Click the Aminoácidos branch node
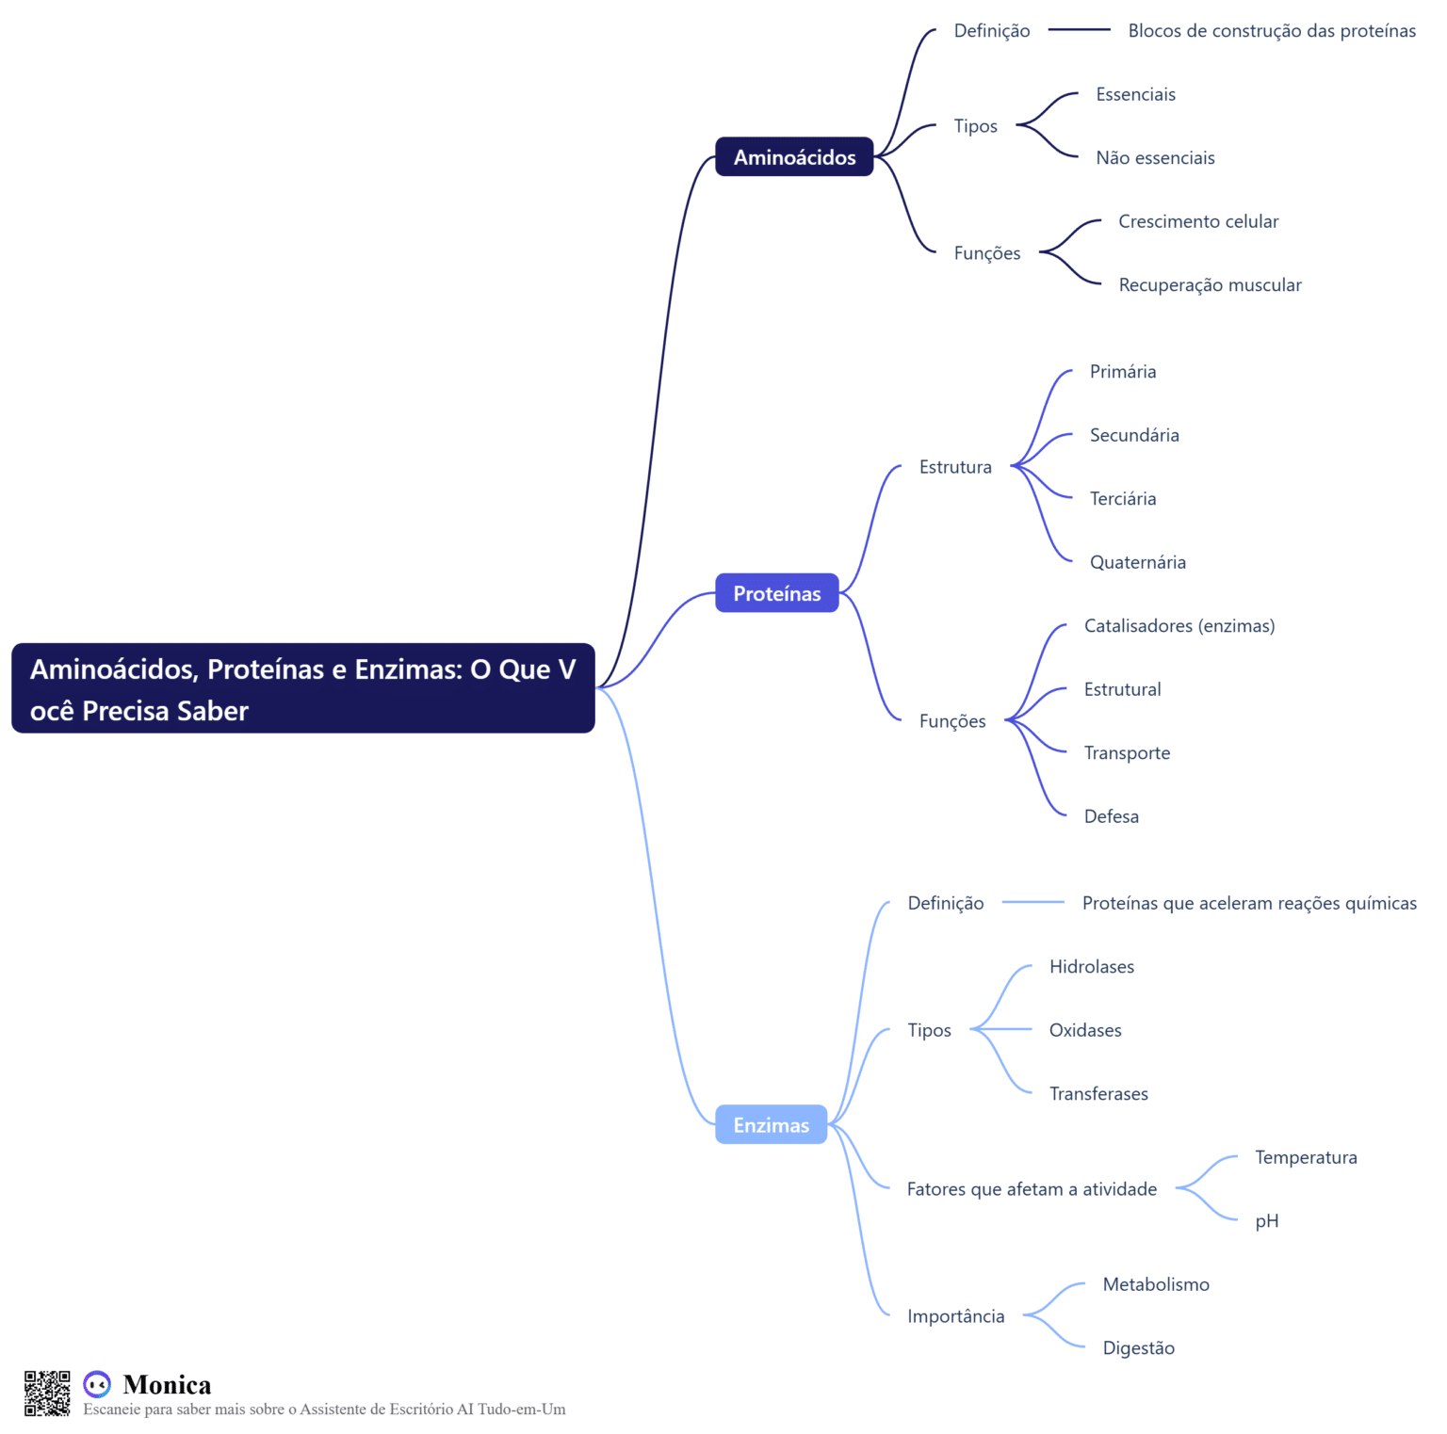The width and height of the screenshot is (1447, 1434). [794, 156]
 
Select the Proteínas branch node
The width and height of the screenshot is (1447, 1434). [776, 593]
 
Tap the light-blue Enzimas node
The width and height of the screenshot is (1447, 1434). [771, 1124]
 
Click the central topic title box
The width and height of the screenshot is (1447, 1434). [302, 688]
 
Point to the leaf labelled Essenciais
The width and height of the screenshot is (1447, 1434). [1135, 94]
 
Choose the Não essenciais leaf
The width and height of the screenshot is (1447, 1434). [1155, 158]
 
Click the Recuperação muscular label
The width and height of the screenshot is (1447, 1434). [1210, 285]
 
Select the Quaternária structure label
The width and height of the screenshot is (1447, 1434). [1137, 562]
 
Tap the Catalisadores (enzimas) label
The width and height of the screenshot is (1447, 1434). [1179, 626]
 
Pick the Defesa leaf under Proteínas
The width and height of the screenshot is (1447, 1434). [1111, 816]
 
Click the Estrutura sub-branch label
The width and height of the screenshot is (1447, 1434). [955, 467]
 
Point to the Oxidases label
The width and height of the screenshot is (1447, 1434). [1085, 1030]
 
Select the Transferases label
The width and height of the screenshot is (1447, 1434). [1098, 1094]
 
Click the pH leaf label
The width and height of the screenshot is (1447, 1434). [1266, 1221]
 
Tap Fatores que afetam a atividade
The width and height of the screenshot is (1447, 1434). [1032, 1189]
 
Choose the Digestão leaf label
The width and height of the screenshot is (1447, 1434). [1138, 1348]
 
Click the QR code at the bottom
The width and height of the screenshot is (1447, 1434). [47, 1394]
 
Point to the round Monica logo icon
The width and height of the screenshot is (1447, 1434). [97, 1384]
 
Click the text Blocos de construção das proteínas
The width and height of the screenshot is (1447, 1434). [1272, 31]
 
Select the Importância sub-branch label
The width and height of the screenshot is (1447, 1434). [955, 1316]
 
